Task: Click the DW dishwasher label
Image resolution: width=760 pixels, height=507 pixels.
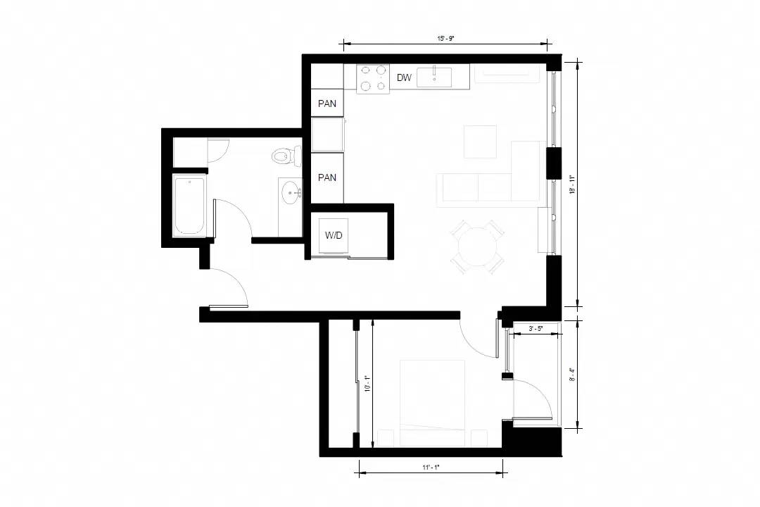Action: [404, 77]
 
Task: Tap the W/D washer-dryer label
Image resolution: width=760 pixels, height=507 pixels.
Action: [334, 235]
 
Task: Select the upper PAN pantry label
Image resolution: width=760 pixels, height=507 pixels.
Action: [327, 104]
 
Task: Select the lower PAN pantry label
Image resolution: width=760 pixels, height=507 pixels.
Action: [327, 177]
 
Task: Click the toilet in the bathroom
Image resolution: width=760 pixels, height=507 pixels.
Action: [286, 156]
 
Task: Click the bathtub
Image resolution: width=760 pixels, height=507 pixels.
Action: [189, 207]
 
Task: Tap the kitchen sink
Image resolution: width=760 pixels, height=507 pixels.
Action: [434, 77]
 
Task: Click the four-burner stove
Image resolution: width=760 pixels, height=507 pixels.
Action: [373, 79]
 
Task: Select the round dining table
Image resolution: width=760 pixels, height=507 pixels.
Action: [477, 246]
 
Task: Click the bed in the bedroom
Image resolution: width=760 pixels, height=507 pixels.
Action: [432, 403]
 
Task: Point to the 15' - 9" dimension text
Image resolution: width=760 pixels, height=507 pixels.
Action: [445, 38]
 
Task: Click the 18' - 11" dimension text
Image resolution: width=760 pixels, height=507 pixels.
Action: [572, 184]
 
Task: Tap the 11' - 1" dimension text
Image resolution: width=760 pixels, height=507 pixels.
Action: [431, 468]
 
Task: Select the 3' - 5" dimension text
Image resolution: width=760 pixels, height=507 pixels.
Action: [536, 328]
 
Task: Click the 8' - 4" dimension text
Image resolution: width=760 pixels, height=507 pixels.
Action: [572, 375]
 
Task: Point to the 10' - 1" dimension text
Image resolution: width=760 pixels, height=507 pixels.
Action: [367, 384]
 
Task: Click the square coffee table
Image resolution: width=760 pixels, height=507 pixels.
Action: [480, 142]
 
